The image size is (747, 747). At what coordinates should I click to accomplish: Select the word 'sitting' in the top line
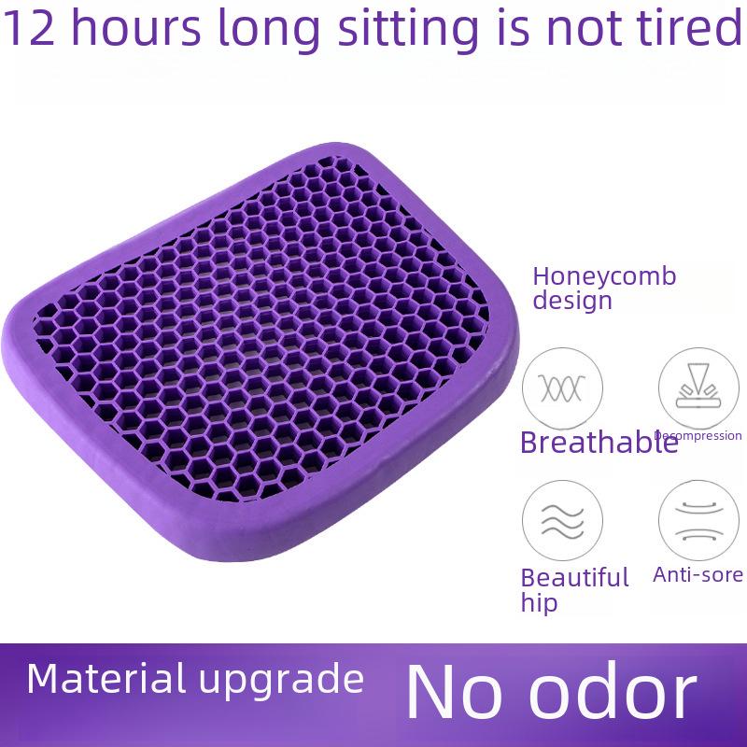408,31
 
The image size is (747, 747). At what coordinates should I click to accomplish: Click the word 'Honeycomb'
604,276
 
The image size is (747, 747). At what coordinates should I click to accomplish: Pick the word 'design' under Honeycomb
572,301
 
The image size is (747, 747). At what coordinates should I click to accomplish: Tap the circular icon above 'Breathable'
562,388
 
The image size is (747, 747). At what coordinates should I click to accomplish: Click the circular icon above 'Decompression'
698,388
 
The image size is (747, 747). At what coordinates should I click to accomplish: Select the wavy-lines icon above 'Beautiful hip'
562,520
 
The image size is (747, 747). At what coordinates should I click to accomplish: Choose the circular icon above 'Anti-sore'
698,520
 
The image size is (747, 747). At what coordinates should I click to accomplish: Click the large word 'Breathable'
599,442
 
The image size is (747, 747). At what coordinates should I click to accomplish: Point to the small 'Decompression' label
698,435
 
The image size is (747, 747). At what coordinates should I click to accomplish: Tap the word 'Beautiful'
574,577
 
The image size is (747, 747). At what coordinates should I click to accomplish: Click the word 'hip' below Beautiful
539,602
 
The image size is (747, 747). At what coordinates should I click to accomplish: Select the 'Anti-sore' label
698,574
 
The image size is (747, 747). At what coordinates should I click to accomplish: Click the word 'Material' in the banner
106,679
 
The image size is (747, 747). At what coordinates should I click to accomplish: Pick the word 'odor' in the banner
613,690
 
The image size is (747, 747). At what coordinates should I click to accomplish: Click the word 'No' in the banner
454,691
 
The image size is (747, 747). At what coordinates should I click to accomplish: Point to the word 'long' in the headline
268,31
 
